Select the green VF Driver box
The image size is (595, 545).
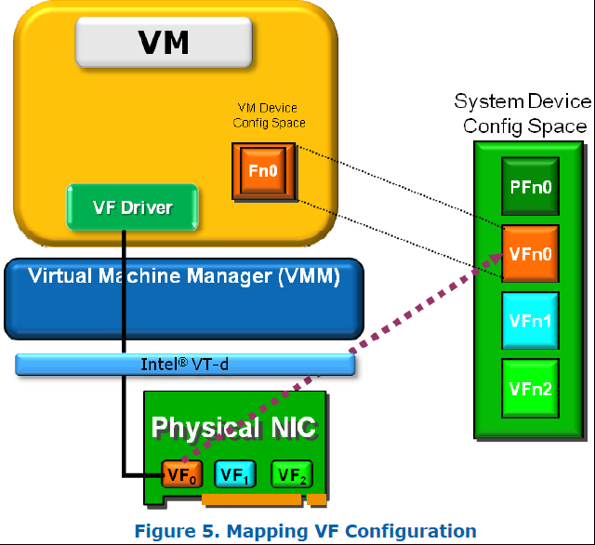pos(134,207)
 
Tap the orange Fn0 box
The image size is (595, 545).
pos(263,171)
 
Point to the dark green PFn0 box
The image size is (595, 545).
pos(531,187)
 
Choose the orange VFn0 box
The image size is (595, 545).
pos(531,253)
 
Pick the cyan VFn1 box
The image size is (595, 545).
pos(531,320)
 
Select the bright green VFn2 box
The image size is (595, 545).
pos(531,388)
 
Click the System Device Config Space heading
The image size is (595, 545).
pos(522,113)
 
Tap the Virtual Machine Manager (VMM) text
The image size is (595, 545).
pos(184,276)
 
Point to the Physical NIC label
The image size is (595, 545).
pos(233,428)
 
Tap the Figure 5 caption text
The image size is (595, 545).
pos(306,531)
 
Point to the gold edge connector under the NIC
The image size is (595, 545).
pos(252,500)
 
